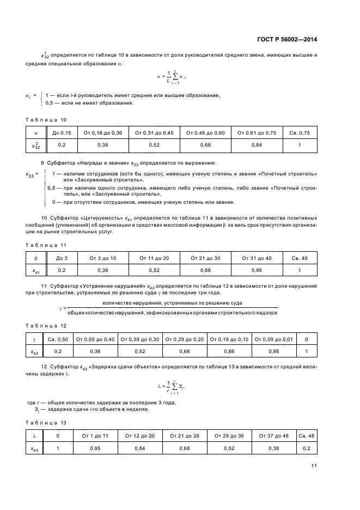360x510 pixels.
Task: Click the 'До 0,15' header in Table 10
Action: point(62,132)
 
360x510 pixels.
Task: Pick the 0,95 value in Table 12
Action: point(273,351)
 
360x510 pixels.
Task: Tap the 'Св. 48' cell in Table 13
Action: point(306,435)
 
